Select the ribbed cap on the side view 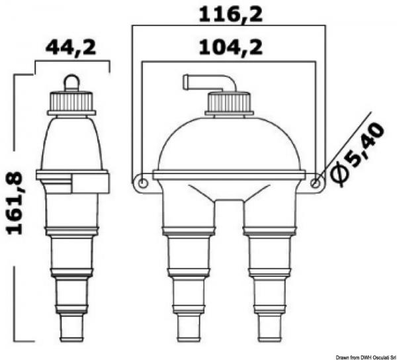pos(71,101)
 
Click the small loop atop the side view pos(71,81)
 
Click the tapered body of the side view pos(71,142)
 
